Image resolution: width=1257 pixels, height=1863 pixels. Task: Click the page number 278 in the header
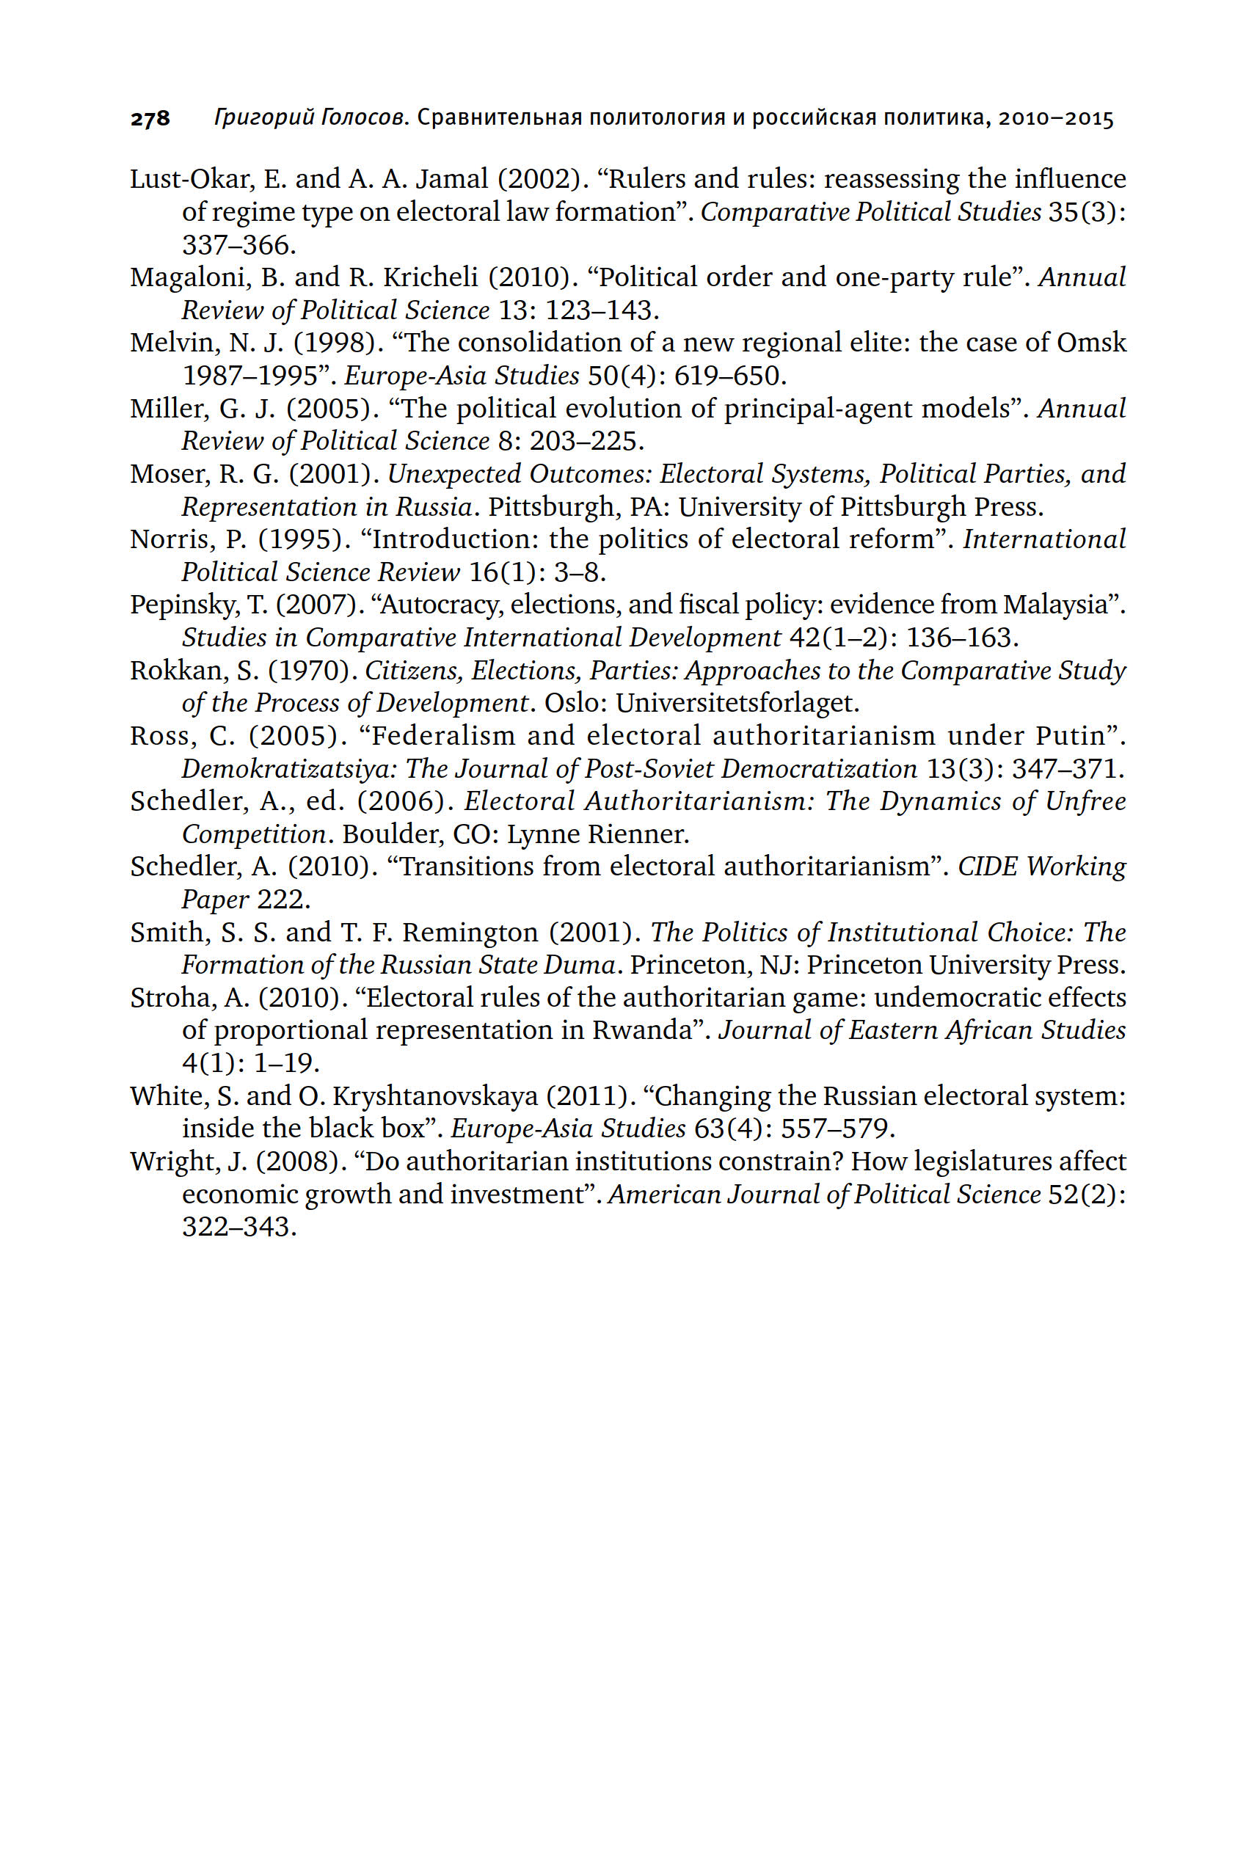(150, 120)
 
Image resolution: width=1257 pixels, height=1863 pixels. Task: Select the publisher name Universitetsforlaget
(737, 703)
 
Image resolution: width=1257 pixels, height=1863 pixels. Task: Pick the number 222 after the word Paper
(283, 900)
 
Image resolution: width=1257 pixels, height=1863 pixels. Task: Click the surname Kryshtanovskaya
(435, 1095)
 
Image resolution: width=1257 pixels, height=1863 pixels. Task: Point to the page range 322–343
(239, 1228)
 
